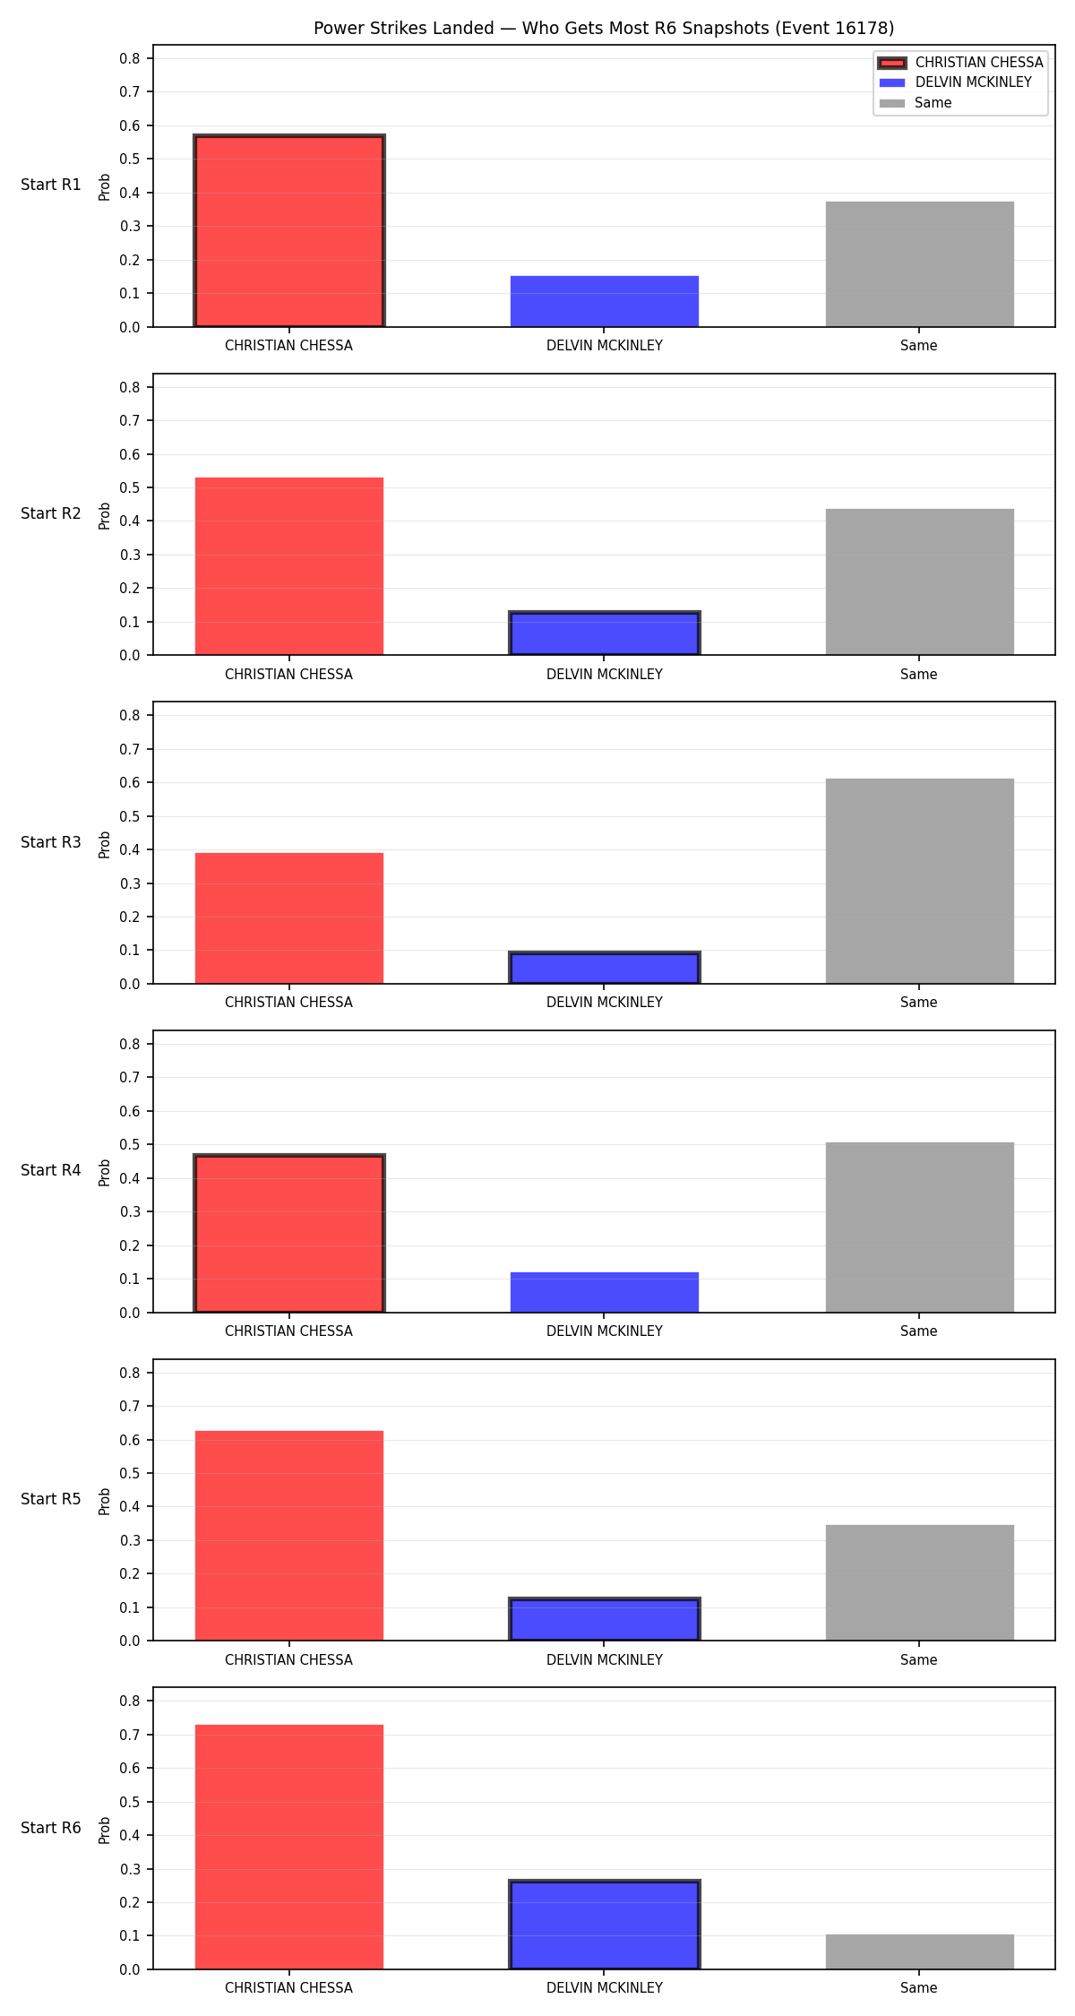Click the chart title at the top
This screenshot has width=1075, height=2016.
pyautogui.click(x=604, y=29)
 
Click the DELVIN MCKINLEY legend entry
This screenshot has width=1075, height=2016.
pyautogui.click(x=955, y=82)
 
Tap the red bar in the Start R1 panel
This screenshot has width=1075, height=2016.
pyautogui.click(x=289, y=231)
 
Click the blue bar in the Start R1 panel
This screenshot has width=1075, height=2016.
pyautogui.click(x=605, y=301)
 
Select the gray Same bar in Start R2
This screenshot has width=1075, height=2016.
pyautogui.click(x=920, y=582)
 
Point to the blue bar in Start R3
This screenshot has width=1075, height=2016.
pyautogui.click(x=605, y=968)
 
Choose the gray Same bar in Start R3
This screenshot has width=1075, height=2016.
pyautogui.click(x=920, y=881)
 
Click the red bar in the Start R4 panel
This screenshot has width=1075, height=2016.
pyautogui.click(x=289, y=1234)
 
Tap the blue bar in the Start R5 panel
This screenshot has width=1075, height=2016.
pyautogui.click(x=605, y=1619)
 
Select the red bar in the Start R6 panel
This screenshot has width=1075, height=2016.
pyautogui.click(x=289, y=1847)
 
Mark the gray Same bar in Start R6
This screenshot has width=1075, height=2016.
pyautogui.click(x=920, y=1951)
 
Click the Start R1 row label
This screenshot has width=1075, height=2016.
pyautogui.click(x=51, y=185)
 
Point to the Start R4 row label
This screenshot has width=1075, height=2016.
pyautogui.click(x=51, y=1170)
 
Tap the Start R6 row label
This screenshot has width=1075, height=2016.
pyautogui.click(x=51, y=1828)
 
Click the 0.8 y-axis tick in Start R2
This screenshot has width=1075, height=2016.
pyautogui.click(x=131, y=387)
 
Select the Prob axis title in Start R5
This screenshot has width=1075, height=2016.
pyautogui.click(x=105, y=1501)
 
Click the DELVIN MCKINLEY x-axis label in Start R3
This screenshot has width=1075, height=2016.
pyautogui.click(x=605, y=1003)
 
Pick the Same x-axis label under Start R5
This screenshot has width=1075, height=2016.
pyautogui.click(x=919, y=1659)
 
